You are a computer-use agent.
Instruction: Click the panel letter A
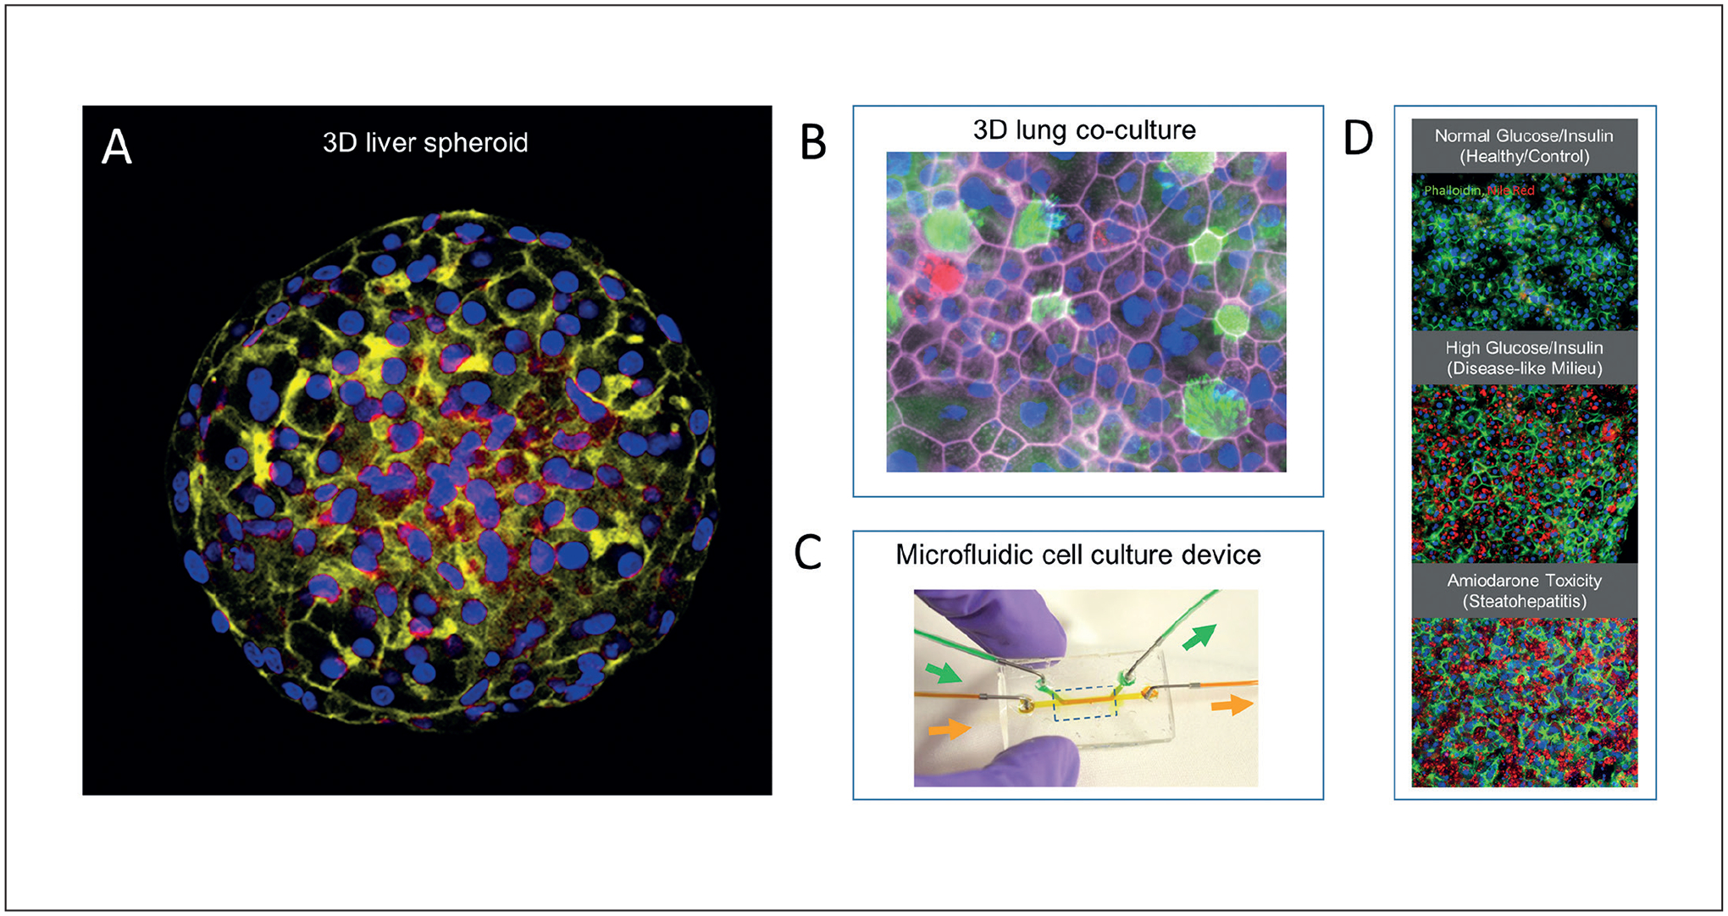coord(117,147)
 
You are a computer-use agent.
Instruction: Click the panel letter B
coord(812,143)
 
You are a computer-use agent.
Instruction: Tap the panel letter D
coord(1358,138)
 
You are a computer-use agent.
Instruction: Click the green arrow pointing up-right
coord(1199,637)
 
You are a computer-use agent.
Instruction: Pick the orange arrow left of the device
coord(950,728)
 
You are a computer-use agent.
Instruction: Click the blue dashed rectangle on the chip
coord(1085,703)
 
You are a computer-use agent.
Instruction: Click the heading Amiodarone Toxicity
coord(1524,581)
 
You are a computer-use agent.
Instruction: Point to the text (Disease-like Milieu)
coord(1524,368)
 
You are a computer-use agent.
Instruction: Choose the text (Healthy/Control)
coord(1524,157)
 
